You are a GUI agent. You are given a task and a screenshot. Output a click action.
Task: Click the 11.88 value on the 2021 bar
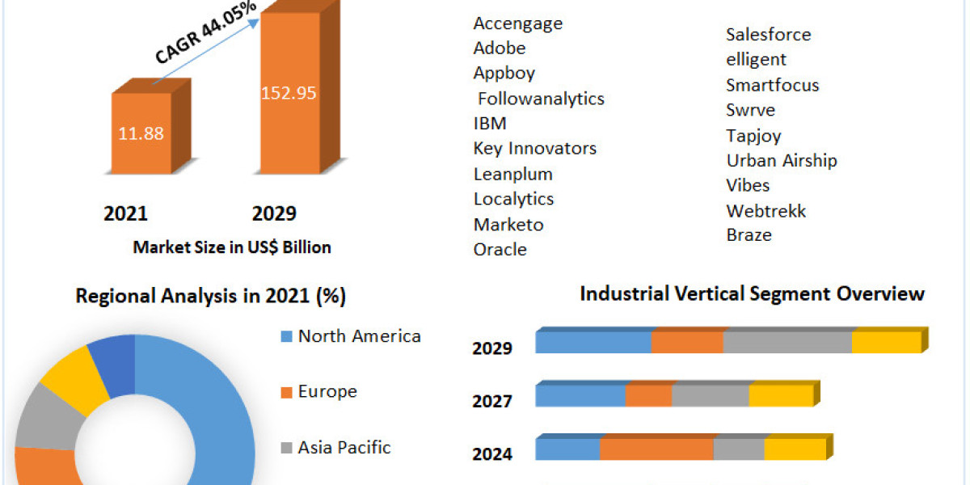[141, 133]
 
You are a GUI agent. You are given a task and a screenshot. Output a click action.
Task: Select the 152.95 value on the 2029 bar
[289, 92]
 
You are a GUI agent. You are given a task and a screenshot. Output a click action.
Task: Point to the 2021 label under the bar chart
[125, 213]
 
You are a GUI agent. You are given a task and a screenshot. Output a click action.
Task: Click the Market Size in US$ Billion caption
[232, 247]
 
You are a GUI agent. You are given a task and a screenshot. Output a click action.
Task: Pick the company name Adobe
[500, 48]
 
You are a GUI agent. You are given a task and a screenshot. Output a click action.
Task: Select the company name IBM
[490, 123]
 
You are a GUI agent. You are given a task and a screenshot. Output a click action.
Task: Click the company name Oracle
[500, 249]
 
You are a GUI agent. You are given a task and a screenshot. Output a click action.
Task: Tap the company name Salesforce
[768, 34]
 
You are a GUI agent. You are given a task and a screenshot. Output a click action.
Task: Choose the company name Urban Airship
[781, 160]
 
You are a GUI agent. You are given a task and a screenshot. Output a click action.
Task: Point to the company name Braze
[749, 234]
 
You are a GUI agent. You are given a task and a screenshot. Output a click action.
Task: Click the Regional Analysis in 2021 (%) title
[211, 296]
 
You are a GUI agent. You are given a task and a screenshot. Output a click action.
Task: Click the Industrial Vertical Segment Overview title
[752, 293]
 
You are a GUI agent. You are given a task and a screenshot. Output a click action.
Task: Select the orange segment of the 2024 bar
[656, 449]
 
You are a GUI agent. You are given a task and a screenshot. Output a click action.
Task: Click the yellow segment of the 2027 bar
[780, 396]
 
